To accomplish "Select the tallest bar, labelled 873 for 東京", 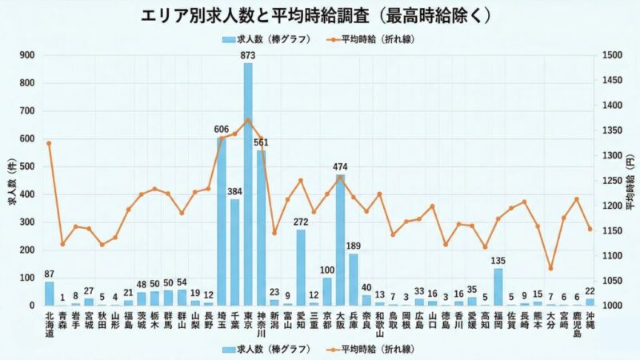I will click(248, 184).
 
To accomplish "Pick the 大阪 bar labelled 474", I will click(340, 240).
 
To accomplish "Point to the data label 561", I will click(261, 142).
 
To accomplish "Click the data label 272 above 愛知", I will click(301, 222).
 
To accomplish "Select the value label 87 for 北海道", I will click(50, 274).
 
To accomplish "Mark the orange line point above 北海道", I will click(50, 143).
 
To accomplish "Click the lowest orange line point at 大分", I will click(550, 268).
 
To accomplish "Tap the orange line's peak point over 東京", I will click(248, 120).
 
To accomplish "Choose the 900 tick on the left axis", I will click(28, 55).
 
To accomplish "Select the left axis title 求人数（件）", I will click(11, 180).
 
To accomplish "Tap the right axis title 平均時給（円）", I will click(630, 180).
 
